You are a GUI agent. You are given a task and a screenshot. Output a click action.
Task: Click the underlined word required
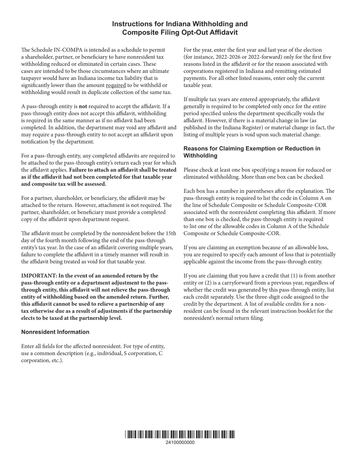[x=116, y=86]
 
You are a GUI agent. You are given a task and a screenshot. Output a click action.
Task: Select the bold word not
[x=83, y=106]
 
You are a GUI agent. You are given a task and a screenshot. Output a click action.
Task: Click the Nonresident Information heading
[x=55, y=332]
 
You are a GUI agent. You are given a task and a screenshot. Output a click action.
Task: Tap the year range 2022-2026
[x=224, y=57]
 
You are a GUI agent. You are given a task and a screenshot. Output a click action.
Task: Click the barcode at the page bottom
[x=180, y=435]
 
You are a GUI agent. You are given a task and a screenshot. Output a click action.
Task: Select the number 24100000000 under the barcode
[x=180, y=443]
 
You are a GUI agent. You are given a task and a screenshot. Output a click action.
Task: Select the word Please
[x=193, y=170]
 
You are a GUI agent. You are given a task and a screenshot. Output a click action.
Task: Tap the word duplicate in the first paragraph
[x=87, y=92]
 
